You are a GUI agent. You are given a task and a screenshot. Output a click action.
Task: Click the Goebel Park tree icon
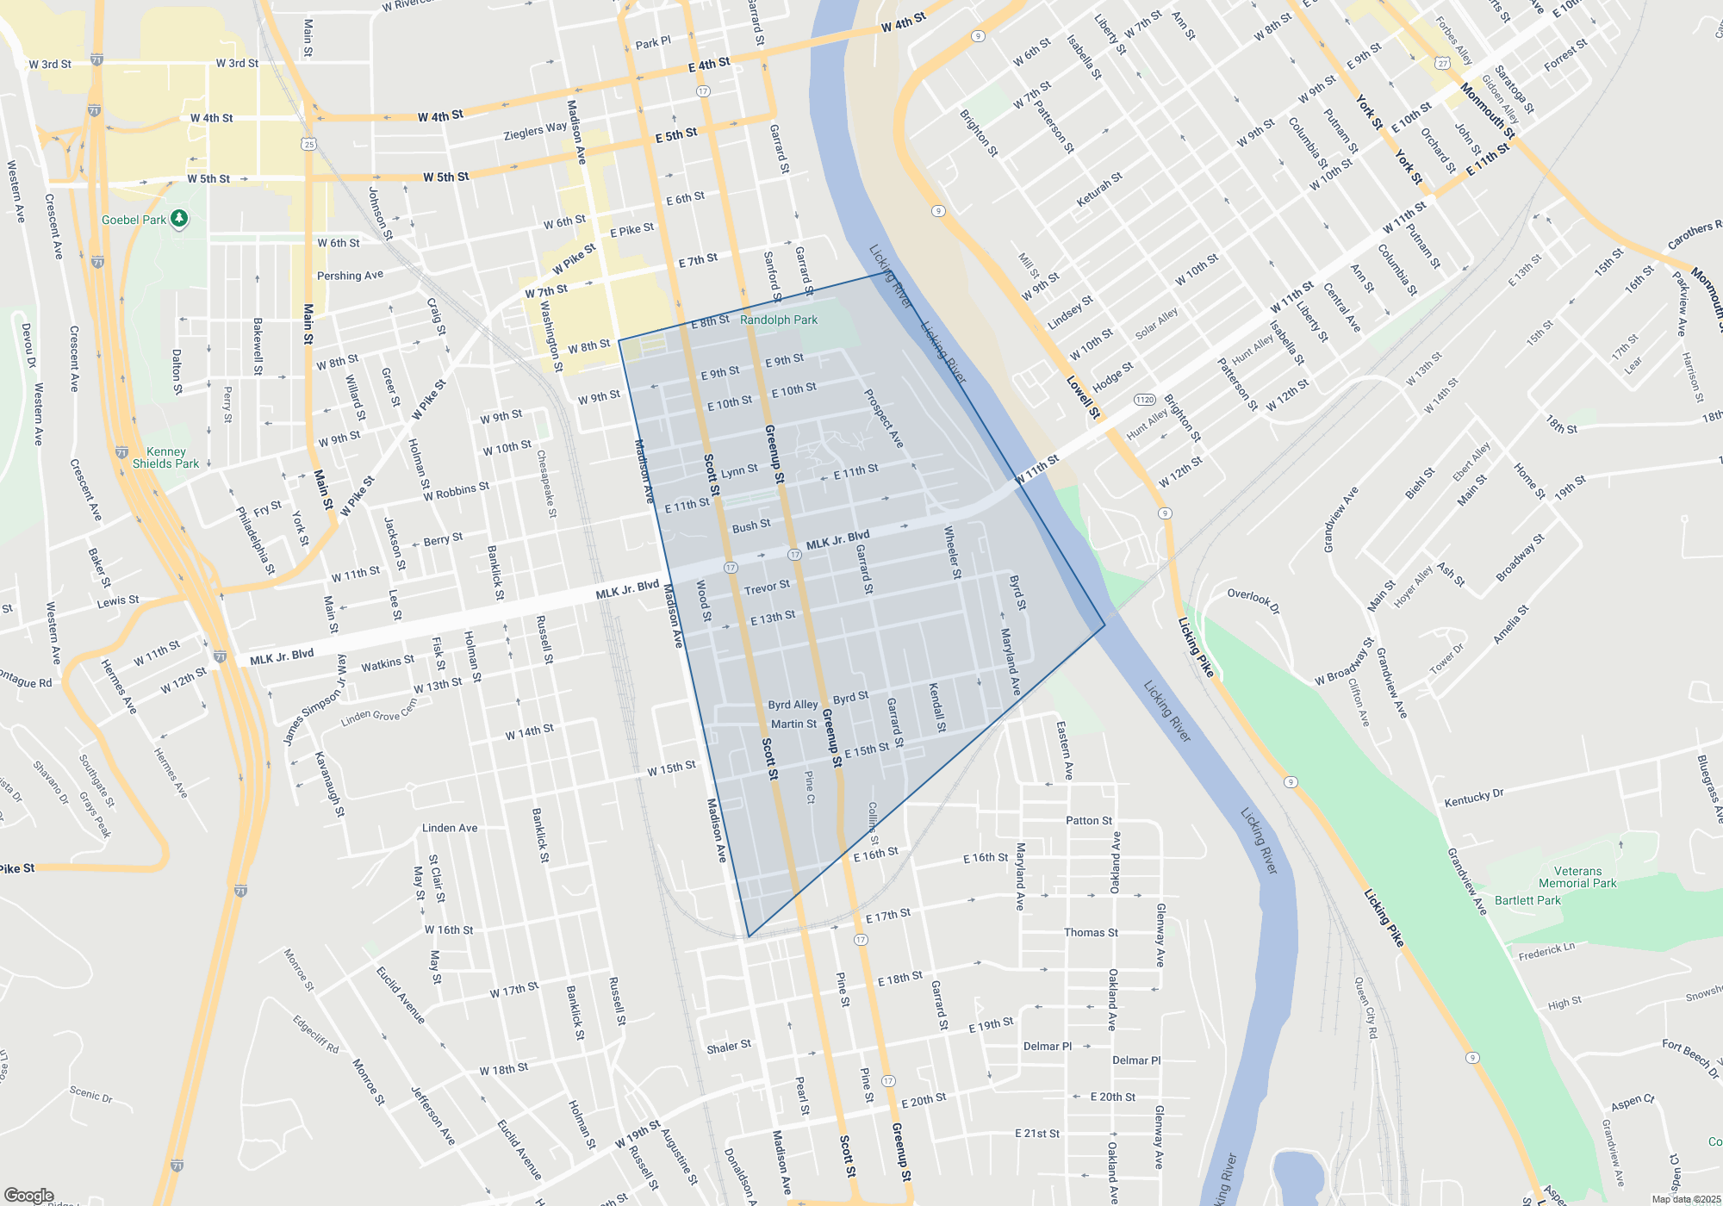pos(179,219)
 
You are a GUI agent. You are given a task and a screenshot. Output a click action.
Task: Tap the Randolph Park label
pos(779,320)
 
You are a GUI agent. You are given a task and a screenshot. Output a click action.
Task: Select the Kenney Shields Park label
pos(165,457)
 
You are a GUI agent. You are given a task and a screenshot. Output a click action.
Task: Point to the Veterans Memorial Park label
pos(1577,877)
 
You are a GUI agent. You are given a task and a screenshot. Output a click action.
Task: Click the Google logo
pos(28,1196)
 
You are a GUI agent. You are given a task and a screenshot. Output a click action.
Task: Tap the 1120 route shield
pos(1144,400)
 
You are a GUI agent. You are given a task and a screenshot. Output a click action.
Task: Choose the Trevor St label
pos(767,587)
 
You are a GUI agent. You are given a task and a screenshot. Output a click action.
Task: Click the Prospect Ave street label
pos(884,418)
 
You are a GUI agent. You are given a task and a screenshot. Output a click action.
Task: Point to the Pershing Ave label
pos(350,276)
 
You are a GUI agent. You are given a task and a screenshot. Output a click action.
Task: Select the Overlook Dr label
pos(1253,601)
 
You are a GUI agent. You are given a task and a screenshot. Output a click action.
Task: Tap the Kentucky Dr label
pos(1473,798)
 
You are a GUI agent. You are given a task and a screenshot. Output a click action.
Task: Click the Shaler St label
pos(729,1047)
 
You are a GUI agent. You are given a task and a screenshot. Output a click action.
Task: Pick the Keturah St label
pos(1099,190)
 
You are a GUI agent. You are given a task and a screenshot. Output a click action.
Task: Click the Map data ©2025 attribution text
pos(1686,1199)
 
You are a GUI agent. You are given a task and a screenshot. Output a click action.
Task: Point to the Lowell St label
pos(1083,397)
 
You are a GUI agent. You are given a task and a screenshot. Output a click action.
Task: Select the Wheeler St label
pos(952,551)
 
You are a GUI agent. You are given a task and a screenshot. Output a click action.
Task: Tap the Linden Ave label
pos(450,828)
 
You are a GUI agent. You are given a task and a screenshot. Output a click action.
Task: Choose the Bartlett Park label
pos(1527,900)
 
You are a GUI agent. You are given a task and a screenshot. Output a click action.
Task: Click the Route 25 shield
pos(309,144)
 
